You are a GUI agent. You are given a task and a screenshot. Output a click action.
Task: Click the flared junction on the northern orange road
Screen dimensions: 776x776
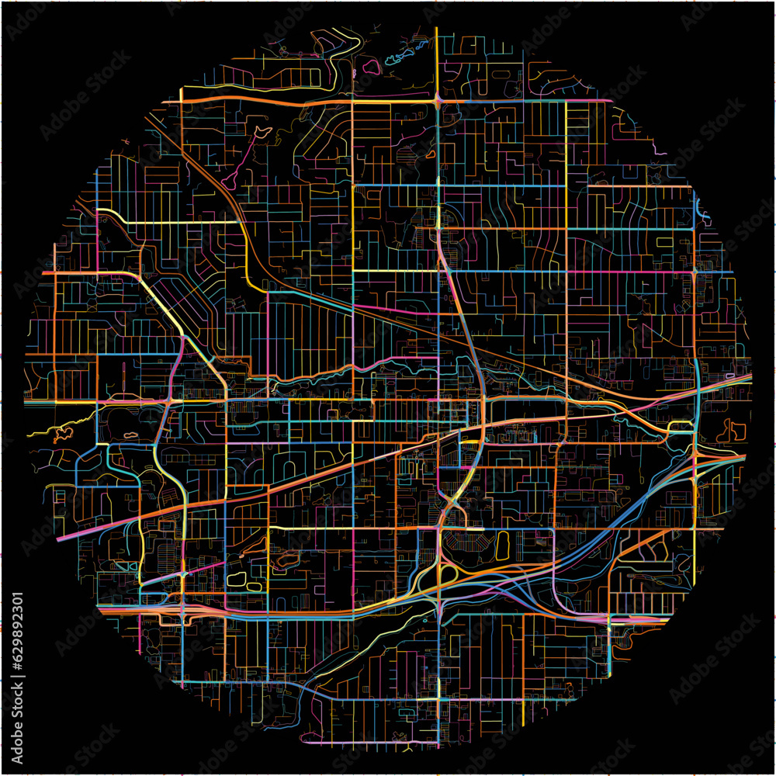coord(439,99)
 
